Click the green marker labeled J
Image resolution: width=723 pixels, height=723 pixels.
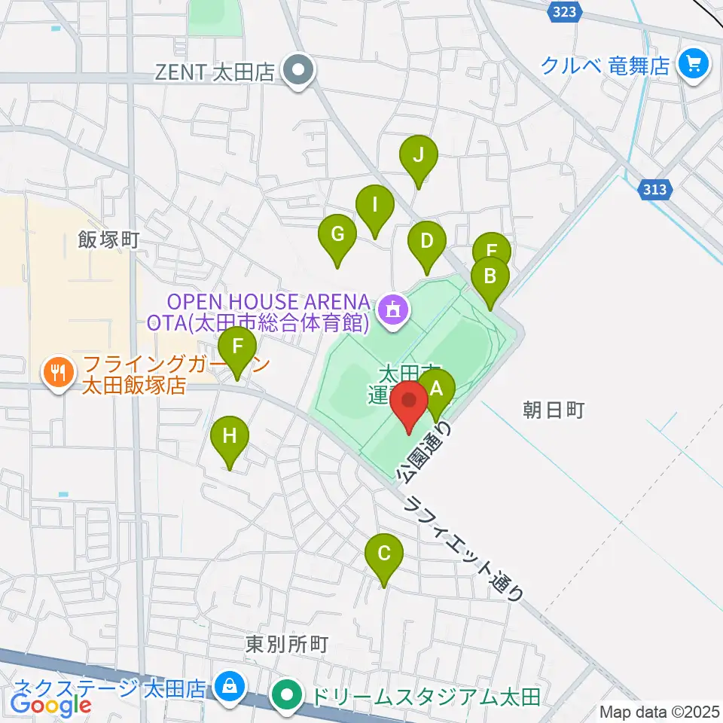pos(418,157)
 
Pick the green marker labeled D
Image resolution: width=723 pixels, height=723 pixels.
pos(427,243)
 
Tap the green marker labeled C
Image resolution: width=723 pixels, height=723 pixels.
pos(384,556)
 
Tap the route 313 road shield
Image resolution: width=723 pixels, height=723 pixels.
pos(655,190)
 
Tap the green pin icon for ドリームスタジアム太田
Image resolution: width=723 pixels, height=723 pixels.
pos(287,694)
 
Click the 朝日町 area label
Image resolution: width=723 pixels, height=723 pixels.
pos(553,410)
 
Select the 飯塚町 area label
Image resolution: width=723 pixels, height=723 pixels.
pos(108,241)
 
